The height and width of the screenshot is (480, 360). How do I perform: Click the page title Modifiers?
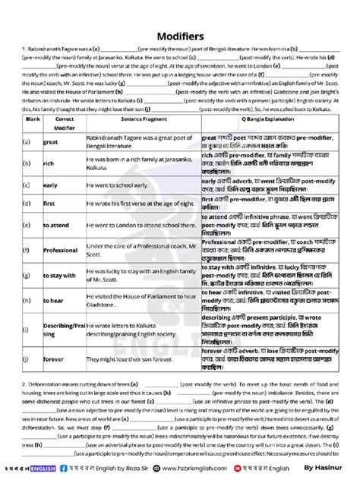point(179,36)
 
